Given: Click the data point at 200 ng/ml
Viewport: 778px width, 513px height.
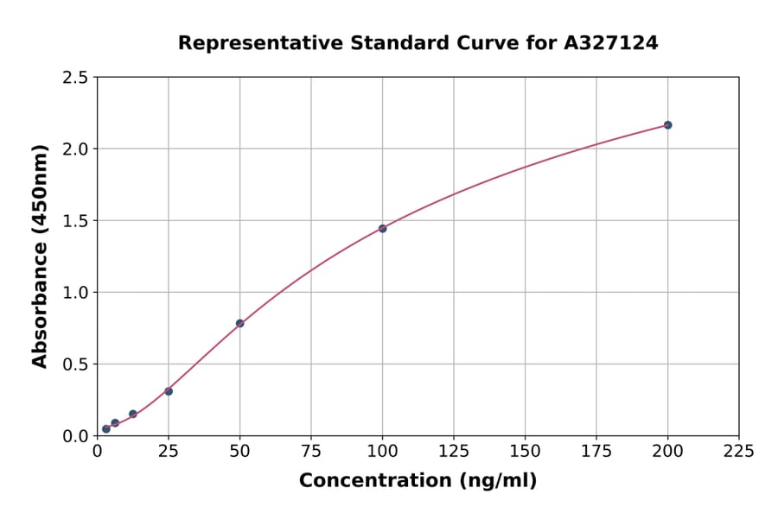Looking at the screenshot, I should click(667, 125).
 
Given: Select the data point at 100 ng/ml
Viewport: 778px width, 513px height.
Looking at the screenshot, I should click(382, 229).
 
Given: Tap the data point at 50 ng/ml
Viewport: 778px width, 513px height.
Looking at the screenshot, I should click(239, 324).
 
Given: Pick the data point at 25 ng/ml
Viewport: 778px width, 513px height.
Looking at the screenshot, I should click(169, 391).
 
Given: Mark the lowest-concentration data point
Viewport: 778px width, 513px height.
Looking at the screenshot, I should click(106, 429).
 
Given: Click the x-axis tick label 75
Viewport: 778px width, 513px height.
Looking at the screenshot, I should click(311, 451).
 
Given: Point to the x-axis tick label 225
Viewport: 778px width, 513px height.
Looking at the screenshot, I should click(739, 451).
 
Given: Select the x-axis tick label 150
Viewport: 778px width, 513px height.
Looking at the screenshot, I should click(525, 451).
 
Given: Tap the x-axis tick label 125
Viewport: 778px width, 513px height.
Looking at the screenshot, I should click(454, 451).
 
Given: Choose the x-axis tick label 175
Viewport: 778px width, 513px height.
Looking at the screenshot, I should click(596, 451).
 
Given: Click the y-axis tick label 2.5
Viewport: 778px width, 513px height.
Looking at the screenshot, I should click(76, 78).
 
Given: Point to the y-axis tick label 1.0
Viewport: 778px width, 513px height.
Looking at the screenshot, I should click(76, 293).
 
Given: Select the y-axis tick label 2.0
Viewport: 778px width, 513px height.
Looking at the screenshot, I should click(76, 149).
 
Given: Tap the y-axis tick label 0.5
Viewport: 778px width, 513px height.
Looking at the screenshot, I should click(76, 364).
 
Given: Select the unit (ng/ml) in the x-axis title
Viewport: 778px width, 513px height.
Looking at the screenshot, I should click(497, 481).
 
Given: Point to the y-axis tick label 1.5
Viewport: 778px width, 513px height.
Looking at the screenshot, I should click(76, 221).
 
